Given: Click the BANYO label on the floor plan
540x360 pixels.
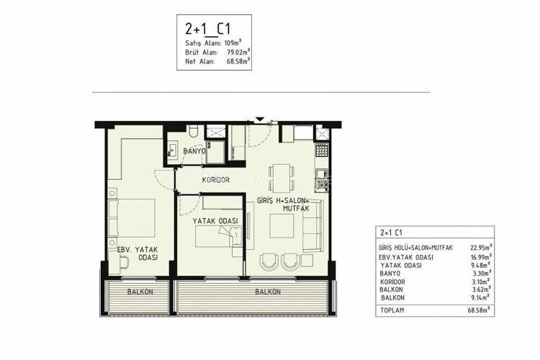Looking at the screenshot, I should (x=194, y=152).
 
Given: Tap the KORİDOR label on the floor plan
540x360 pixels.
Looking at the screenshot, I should (x=215, y=180).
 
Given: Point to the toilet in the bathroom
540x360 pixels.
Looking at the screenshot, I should (x=193, y=132).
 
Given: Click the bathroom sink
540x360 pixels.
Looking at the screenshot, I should (x=174, y=150).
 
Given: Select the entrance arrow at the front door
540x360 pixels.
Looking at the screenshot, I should (x=259, y=120).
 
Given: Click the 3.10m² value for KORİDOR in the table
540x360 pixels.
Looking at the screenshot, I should (x=482, y=282).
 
